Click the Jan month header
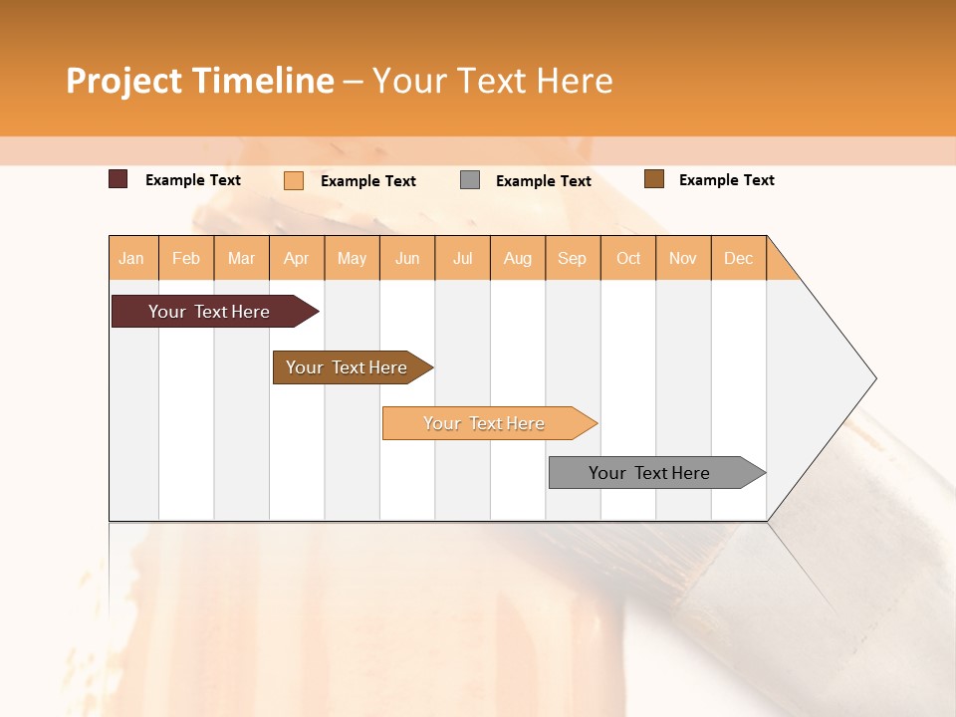click(x=132, y=258)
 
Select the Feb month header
click(x=186, y=258)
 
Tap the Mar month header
click(x=241, y=258)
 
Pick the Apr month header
click(x=297, y=258)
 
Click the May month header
click(x=352, y=258)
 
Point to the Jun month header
click(x=407, y=258)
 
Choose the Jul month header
click(x=463, y=258)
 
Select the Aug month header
click(x=518, y=258)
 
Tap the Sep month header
click(x=573, y=258)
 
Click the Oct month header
click(x=628, y=258)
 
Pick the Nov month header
click(x=683, y=258)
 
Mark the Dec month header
click(x=739, y=258)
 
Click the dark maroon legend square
click(x=119, y=179)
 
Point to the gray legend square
click(x=470, y=179)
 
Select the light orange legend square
click(x=294, y=180)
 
